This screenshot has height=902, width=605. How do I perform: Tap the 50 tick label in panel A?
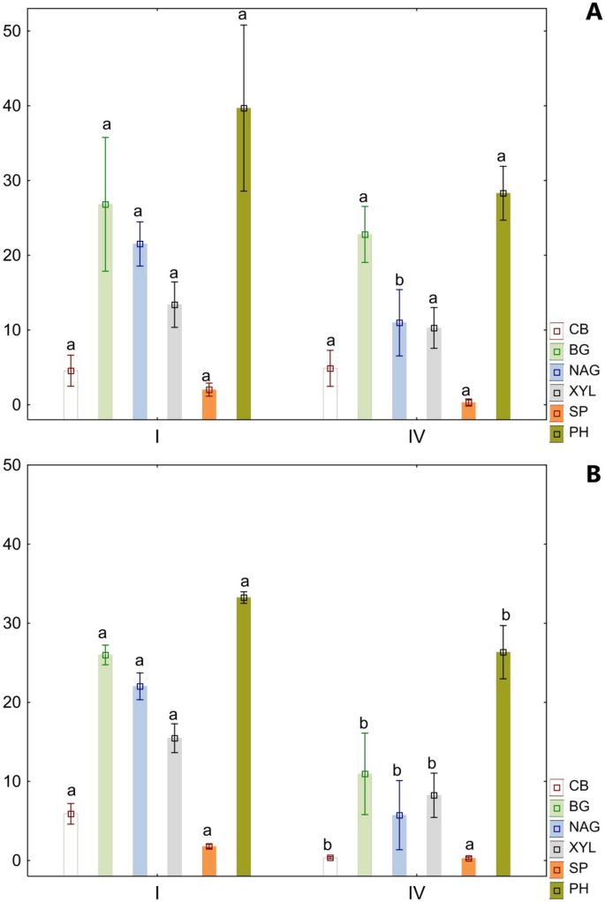(18, 31)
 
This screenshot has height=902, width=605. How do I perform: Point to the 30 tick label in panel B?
(18, 623)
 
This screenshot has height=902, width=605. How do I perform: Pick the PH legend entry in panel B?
(563, 886)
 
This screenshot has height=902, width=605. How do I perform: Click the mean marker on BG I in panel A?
(105, 205)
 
